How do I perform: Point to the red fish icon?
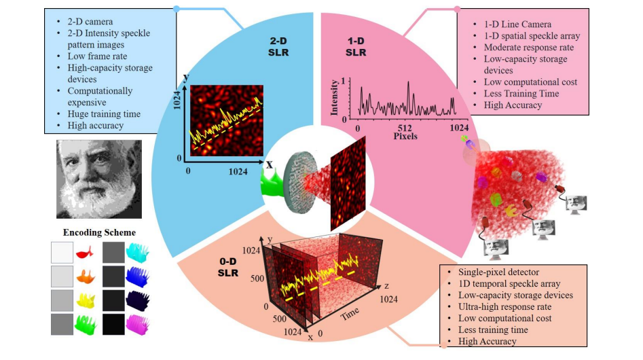84,253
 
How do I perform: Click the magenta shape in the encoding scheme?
138,324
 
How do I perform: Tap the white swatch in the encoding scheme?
61,253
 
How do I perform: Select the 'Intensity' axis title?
334,98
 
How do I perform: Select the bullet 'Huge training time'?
100,114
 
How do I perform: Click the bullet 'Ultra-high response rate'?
505,306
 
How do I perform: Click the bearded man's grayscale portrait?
98,179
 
